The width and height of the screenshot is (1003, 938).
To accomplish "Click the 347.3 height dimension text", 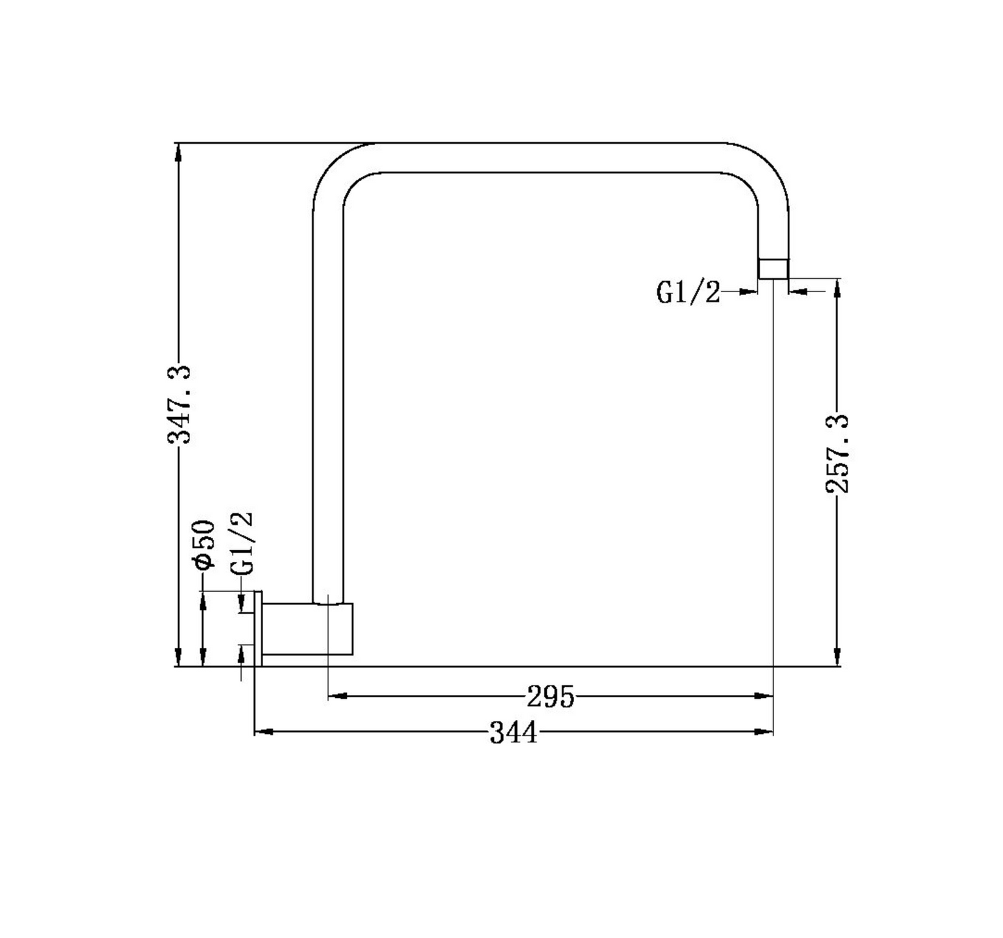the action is coord(179,404).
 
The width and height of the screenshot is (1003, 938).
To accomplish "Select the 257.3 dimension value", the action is coord(837,454).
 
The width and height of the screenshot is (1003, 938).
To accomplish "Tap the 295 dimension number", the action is coord(550,697).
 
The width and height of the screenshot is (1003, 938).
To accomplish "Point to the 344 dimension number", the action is coord(514,733).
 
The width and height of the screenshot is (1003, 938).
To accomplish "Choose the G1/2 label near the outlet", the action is coord(688,292).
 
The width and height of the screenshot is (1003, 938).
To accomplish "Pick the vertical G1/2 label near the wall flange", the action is coord(241,544).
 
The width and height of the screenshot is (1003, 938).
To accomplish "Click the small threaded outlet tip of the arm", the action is coord(773,268).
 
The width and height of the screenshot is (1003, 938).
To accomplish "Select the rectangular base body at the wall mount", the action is coord(307,629).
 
